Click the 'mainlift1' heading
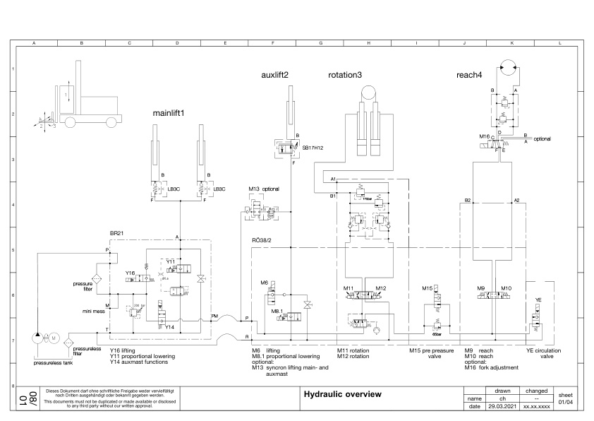[169, 112]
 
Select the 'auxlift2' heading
[275, 74]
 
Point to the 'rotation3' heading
[345, 74]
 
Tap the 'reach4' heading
[469, 74]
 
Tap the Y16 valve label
[130, 273]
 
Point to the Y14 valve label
[169, 327]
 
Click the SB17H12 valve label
[312, 148]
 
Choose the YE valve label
[538, 300]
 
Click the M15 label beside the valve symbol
[427, 288]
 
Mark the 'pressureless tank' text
[53, 362]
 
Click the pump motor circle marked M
[52, 338]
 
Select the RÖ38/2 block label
[262, 240]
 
